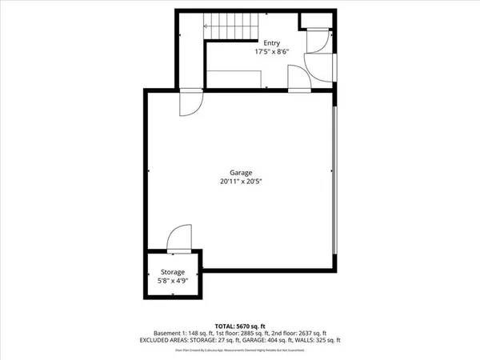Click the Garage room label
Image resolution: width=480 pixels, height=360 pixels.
pyautogui.click(x=241, y=173)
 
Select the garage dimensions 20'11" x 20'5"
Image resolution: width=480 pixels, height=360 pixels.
pyautogui.click(x=241, y=182)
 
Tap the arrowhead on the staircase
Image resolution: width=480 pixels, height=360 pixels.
pyautogui.click(x=207, y=26)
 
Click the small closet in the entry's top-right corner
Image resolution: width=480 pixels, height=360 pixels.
pyautogui.click(x=313, y=22)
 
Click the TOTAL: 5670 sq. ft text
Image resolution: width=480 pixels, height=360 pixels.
pyautogui.click(x=241, y=326)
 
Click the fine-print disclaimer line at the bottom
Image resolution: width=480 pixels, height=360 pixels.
pyautogui.click(x=241, y=350)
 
